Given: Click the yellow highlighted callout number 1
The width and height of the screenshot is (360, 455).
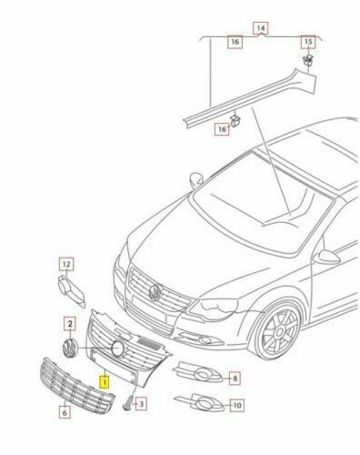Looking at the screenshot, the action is pyautogui.click(x=104, y=382).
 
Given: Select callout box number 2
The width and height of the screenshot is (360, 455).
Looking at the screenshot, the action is pyautogui.click(x=70, y=324).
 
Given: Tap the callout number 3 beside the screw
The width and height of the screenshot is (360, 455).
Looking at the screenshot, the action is pyautogui.click(x=141, y=404).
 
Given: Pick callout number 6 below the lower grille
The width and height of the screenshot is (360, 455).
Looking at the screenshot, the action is pyautogui.click(x=65, y=412).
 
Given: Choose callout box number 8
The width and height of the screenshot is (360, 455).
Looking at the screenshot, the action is pyautogui.click(x=235, y=379).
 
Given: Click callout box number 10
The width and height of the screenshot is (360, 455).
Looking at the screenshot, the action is pyautogui.click(x=237, y=405).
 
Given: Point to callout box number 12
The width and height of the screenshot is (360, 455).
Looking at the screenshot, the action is pyautogui.click(x=66, y=264).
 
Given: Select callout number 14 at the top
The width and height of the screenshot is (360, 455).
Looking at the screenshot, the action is pyautogui.click(x=261, y=28).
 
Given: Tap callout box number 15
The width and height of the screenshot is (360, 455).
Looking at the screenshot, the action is pyautogui.click(x=308, y=42).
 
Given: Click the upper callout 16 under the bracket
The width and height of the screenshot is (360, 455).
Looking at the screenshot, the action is pyautogui.click(x=235, y=42).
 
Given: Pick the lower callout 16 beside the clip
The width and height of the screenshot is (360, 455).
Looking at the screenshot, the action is pyautogui.click(x=222, y=129).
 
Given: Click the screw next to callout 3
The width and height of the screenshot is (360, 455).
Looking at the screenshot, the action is pyautogui.click(x=129, y=402).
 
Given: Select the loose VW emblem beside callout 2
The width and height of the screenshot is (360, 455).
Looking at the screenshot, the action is pyautogui.click(x=69, y=349).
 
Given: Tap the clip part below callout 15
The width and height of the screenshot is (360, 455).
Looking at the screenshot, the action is pyautogui.click(x=308, y=60).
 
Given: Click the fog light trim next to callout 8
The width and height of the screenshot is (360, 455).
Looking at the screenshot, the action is pyautogui.click(x=198, y=371).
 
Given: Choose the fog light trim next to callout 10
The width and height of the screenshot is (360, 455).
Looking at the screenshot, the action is pyautogui.click(x=200, y=402).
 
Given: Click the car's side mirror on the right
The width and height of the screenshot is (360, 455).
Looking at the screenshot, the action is pyautogui.click(x=326, y=258).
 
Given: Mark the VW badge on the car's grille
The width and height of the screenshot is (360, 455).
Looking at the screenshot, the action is pyautogui.click(x=155, y=292).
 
